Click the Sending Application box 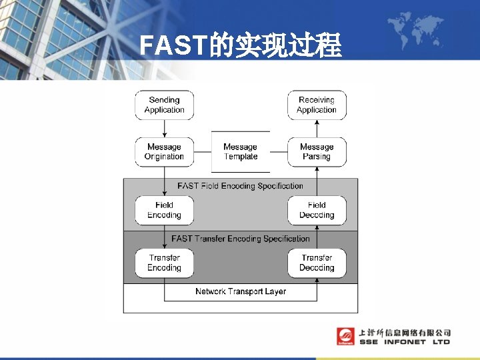click(x=164, y=105)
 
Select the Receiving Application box click(x=317, y=105)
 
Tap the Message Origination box click(x=164, y=152)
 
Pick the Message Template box click(x=241, y=152)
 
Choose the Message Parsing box click(x=317, y=152)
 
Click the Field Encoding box click(x=164, y=210)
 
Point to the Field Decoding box click(x=317, y=210)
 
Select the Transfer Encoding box click(x=164, y=263)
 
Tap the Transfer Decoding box click(x=317, y=263)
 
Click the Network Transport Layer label click(x=241, y=291)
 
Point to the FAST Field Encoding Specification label click(x=241, y=186)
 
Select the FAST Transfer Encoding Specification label click(x=241, y=239)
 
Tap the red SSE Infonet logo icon click(x=345, y=337)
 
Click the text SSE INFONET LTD click(x=405, y=342)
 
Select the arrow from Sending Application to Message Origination click(x=164, y=129)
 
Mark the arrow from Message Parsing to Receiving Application click(x=317, y=129)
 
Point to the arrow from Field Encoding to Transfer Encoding click(x=164, y=237)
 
